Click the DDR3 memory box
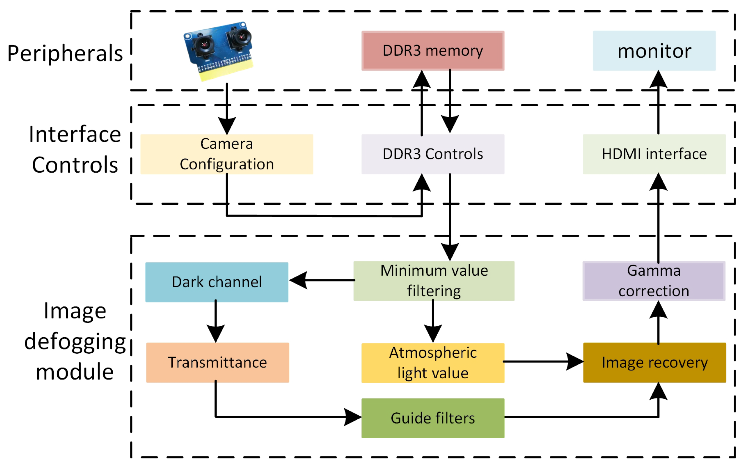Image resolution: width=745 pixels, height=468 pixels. (x=433, y=51)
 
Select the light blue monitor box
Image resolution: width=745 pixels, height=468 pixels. (x=654, y=51)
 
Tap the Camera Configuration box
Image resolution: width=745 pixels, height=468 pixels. (x=227, y=154)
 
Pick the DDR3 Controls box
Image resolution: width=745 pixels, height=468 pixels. (x=433, y=154)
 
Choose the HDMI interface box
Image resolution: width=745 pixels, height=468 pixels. (x=654, y=154)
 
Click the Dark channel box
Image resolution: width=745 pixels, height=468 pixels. (x=217, y=282)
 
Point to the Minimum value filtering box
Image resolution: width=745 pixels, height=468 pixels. (x=433, y=281)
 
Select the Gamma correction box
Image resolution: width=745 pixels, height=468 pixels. (x=653, y=281)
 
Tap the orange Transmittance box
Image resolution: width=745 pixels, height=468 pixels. (x=217, y=362)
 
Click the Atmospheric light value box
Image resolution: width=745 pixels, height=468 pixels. (x=433, y=363)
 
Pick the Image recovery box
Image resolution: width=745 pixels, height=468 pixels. (x=654, y=362)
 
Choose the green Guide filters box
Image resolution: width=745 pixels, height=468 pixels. (x=433, y=418)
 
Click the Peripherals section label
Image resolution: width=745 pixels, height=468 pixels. (x=65, y=53)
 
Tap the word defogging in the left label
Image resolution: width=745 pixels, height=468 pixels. (x=75, y=341)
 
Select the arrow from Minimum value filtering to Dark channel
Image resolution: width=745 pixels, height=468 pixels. (x=322, y=280)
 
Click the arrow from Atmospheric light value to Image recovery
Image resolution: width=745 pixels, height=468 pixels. (x=543, y=361)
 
